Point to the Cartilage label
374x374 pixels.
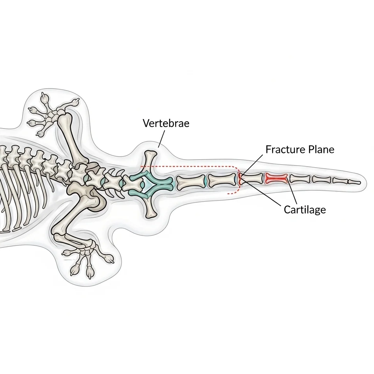click(305, 210)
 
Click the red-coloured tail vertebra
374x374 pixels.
click(276, 178)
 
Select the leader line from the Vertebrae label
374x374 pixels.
click(161, 138)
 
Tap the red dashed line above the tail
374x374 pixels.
click(190, 167)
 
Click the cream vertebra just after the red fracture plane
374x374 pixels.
click(251, 179)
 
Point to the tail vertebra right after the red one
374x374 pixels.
click(299, 179)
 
